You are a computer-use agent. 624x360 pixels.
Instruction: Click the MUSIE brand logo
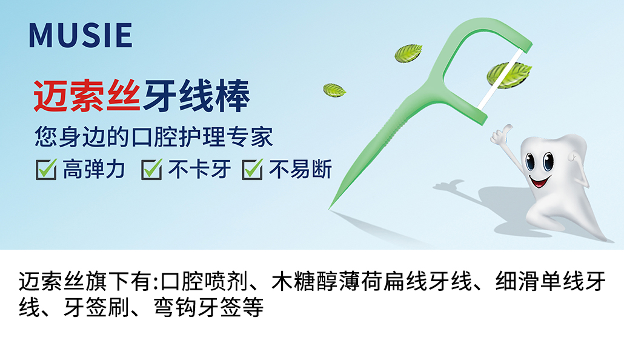pyautogui.click(x=81, y=35)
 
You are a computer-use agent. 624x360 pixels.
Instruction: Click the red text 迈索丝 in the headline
pyautogui.click(x=87, y=96)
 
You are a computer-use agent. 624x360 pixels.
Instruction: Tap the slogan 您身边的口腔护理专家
pyautogui.click(x=154, y=136)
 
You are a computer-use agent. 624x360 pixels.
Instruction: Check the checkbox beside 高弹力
pyautogui.click(x=46, y=169)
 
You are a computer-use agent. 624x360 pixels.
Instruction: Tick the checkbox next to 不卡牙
pyautogui.click(x=151, y=169)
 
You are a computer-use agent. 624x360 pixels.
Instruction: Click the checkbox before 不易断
pyautogui.click(x=252, y=169)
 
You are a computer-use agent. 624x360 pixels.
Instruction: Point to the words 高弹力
pyautogui.click(x=94, y=169)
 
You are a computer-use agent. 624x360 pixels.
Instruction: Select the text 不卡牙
pyautogui.click(x=199, y=169)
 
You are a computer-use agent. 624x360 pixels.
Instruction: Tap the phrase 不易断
pyautogui.click(x=300, y=169)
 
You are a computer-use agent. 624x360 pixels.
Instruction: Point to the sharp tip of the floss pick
pyautogui.click(x=329, y=208)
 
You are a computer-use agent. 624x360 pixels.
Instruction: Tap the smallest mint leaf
pyautogui.click(x=334, y=90)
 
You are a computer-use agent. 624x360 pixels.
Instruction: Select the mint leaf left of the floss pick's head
pyautogui.click(x=408, y=53)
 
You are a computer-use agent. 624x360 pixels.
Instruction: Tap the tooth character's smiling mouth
pyautogui.click(x=539, y=182)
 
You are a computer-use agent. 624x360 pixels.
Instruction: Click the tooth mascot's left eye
pyautogui.click(x=531, y=162)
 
